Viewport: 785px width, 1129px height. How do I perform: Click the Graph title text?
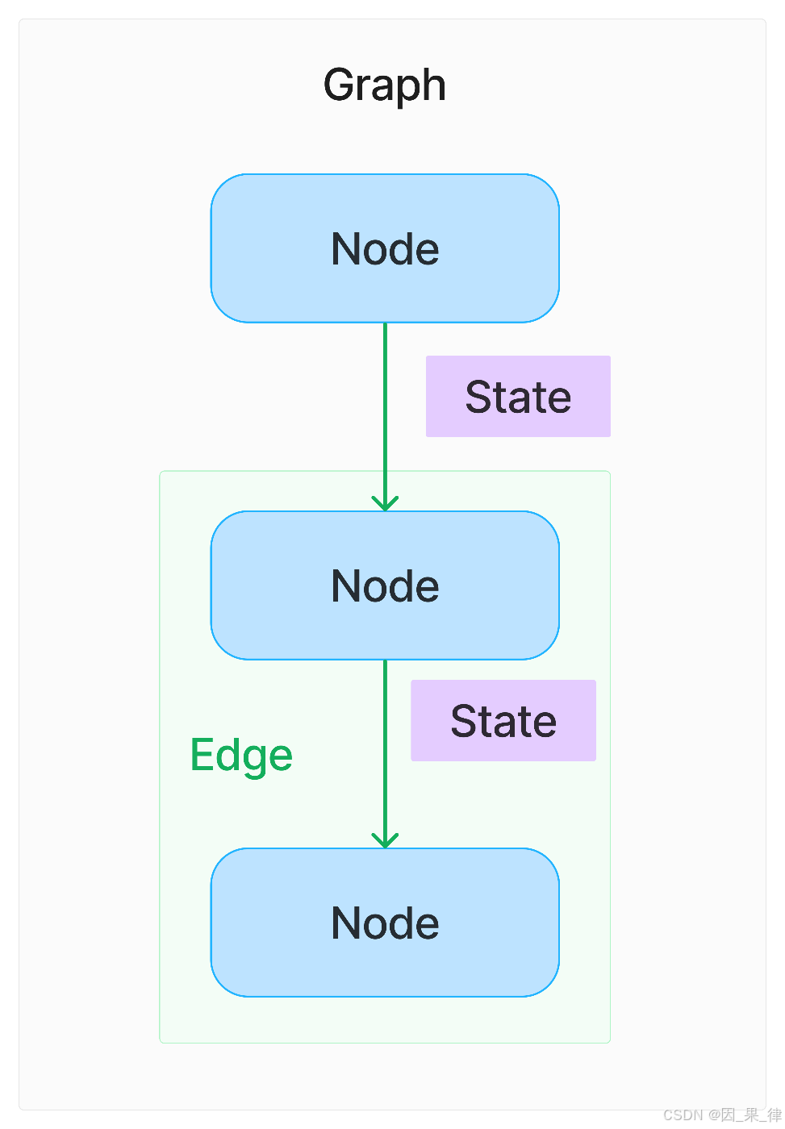tap(384, 85)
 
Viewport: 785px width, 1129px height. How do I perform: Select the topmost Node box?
tap(385, 248)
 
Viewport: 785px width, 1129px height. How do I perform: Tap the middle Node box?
tap(385, 585)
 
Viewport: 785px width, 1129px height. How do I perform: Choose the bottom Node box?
tap(385, 923)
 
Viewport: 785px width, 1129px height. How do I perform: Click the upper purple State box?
tap(518, 396)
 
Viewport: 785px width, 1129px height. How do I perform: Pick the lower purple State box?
tap(503, 720)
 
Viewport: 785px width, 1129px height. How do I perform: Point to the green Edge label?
tap(241, 756)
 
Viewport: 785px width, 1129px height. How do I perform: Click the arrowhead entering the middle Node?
tap(385, 503)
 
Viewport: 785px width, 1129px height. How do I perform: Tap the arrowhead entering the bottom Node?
tap(385, 840)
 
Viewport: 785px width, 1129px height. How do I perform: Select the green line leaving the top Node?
tap(385, 416)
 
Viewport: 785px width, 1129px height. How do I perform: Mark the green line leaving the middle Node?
tap(385, 753)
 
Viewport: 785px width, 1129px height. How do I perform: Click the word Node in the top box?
tap(385, 248)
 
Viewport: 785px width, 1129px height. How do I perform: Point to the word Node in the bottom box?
tap(385, 923)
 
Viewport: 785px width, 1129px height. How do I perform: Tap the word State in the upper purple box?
tap(518, 397)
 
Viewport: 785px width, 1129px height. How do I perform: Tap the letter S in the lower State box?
tap(464, 721)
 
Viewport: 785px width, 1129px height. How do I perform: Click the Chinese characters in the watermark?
tap(751, 1114)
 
